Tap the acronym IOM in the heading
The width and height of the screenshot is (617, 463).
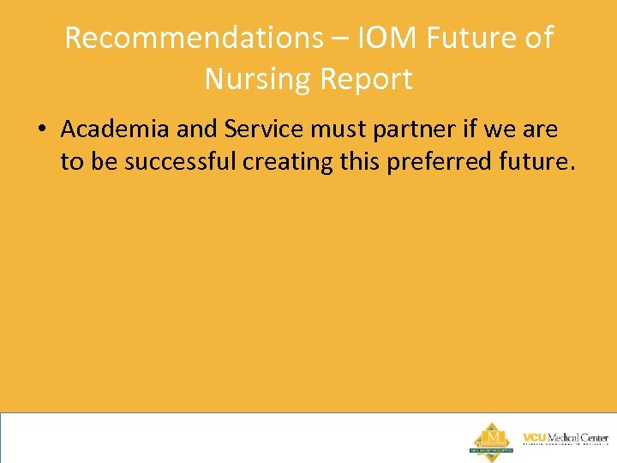[x=375, y=38]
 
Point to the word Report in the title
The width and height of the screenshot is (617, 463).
[x=366, y=79]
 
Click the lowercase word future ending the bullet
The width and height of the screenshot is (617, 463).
[x=536, y=160]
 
